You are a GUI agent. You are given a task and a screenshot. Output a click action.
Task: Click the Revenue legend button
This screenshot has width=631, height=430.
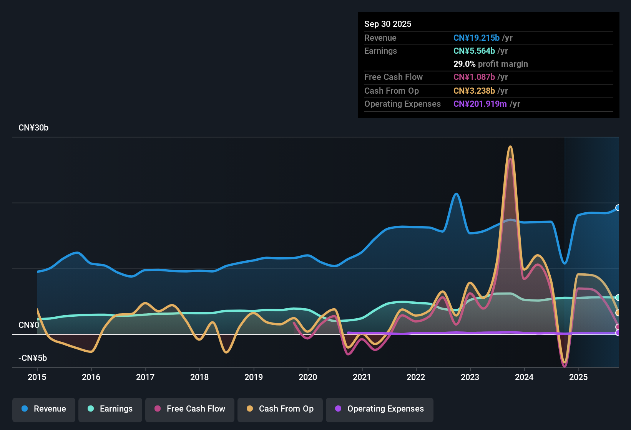(44, 409)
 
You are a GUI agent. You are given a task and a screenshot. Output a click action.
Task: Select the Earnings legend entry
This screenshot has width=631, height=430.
(110, 409)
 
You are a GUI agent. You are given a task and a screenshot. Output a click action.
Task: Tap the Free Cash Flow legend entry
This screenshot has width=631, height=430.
(190, 409)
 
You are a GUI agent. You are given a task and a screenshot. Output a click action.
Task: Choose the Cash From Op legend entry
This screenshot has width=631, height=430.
(280, 409)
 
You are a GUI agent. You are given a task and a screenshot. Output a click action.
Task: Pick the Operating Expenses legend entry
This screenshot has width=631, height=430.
(380, 409)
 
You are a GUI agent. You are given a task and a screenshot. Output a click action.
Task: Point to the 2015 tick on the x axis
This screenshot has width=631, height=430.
(37, 377)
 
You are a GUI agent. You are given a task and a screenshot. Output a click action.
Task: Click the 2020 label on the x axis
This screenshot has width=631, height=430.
(308, 377)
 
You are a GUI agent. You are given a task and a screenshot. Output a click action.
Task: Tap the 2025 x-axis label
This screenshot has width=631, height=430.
(578, 377)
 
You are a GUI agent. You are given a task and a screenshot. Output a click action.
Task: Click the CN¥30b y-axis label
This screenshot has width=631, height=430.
(33, 128)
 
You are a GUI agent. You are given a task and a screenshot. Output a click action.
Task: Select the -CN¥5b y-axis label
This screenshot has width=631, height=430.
(33, 358)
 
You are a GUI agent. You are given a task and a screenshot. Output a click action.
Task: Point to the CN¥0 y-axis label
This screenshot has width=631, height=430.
(29, 325)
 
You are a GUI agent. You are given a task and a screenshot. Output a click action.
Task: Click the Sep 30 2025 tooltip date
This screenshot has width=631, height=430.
(387, 24)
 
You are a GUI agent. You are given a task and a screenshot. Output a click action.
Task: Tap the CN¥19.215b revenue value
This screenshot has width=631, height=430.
(476, 38)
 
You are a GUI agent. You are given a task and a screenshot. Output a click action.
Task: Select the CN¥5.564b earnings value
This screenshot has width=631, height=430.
(474, 51)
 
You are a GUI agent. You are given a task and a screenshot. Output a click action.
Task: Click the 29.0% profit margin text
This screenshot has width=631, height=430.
(490, 64)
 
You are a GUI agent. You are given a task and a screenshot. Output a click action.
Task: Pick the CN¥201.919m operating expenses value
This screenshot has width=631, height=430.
(480, 104)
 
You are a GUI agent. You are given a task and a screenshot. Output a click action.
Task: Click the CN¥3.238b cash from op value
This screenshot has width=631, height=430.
(474, 91)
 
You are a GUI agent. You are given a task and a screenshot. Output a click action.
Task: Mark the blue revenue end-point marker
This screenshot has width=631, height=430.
(618, 208)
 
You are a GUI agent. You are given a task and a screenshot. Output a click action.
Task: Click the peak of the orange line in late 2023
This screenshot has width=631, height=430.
(510, 147)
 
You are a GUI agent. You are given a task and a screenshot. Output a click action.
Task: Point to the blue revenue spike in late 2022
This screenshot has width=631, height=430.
(456, 194)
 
